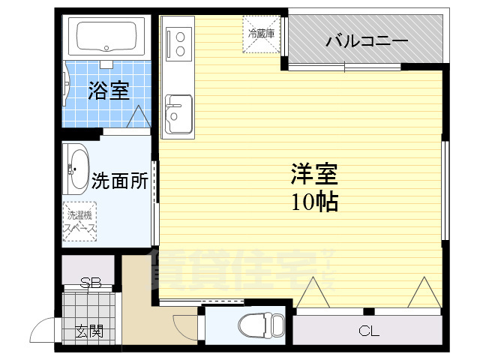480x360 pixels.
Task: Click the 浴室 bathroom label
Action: [x=109, y=91]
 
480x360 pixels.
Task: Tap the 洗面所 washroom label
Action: [x=119, y=181]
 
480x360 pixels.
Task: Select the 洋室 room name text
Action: [x=314, y=175]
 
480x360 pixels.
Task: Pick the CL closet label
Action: [x=367, y=331]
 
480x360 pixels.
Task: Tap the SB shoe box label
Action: [x=91, y=283]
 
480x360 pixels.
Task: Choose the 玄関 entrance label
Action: [x=88, y=331]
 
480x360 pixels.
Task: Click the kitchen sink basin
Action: [x=178, y=112]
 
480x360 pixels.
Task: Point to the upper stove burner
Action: [x=181, y=34]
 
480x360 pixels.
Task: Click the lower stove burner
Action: [x=181, y=50]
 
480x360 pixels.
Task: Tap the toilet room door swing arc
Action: [x=185, y=327]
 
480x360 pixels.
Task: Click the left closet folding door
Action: [x=312, y=295]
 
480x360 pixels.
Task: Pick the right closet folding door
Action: [x=423, y=293]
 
